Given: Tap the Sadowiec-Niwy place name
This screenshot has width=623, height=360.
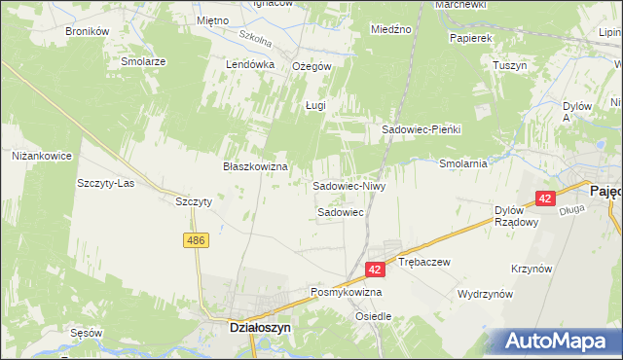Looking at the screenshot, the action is (x=349, y=185).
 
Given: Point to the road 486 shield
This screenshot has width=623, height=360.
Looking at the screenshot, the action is (x=198, y=240).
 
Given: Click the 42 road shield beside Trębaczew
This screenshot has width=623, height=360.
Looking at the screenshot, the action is (x=375, y=268).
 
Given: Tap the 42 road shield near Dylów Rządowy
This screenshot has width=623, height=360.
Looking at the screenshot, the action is (x=544, y=198).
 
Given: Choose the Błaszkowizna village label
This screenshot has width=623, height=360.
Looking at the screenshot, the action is (x=256, y=166).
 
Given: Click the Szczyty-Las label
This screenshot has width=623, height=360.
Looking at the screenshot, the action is (x=105, y=183).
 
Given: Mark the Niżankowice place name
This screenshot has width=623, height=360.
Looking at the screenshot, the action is (x=41, y=155).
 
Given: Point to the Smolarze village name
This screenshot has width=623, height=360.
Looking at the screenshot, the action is (x=143, y=60).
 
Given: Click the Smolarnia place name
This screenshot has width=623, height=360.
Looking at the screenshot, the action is (x=463, y=163).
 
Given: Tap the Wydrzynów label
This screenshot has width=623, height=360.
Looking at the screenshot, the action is (x=485, y=293).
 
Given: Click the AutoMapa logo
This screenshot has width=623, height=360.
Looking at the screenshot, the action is (x=555, y=341).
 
